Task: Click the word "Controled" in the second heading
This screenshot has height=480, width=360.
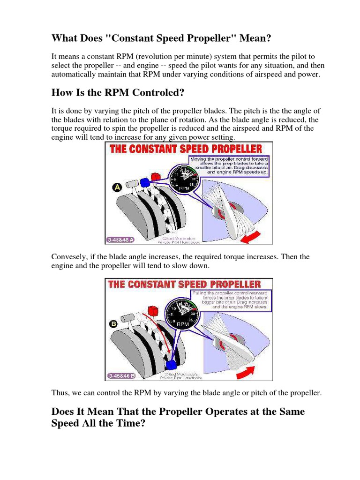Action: (x=156, y=92)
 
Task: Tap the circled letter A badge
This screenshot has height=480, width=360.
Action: (x=117, y=187)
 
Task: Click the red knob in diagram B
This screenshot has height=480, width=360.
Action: (x=151, y=310)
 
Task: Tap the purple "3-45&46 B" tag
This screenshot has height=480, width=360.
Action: (x=121, y=375)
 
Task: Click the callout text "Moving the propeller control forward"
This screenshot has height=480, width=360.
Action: (x=228, y=159)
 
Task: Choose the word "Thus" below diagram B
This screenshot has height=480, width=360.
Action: (x=60, y=393)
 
